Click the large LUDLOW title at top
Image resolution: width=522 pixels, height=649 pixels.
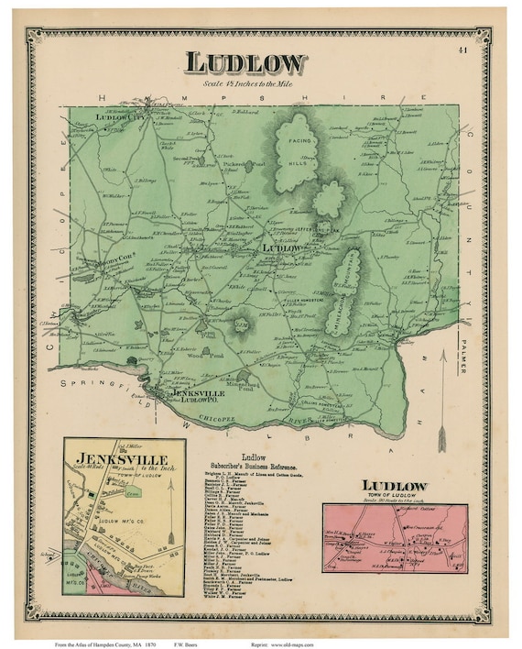[246, 63]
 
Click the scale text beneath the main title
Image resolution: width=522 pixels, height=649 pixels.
[246, 84]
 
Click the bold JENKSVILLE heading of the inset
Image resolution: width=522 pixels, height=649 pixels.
[110, 457]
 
